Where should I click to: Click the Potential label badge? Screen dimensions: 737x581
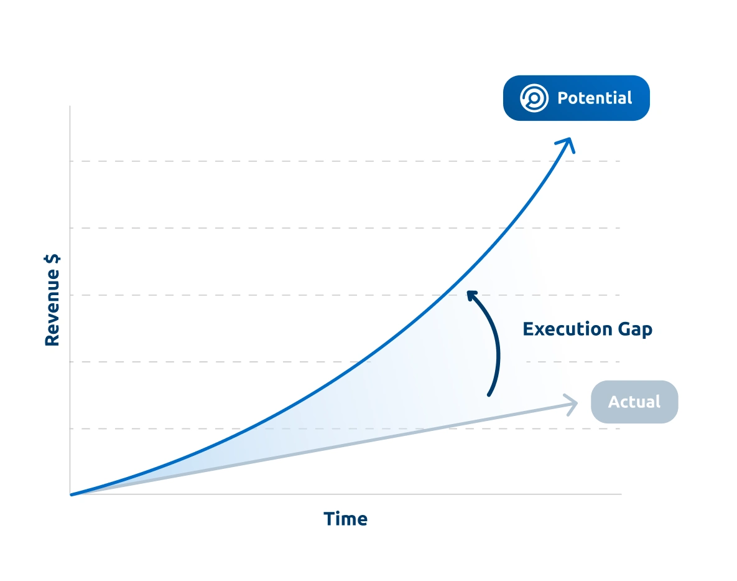pyautogui.click(x=577, y=98)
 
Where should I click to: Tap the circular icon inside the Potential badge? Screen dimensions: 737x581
pyautogui.click(x=534, y=98)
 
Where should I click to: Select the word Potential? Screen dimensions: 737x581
pyautogui.click(x=595, y=98)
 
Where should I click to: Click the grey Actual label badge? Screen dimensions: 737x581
pyautogui.click(x=634, y=402)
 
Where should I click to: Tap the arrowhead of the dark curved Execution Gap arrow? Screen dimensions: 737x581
pyautogui.click(x=471, y=295)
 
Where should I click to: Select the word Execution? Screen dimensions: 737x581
pyautogui.click(x=567, y=329)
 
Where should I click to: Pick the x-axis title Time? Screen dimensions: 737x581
pyautogui.click(x=345, y=519)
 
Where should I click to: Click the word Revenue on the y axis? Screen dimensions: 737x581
pyautogui.click(x=52, y=308)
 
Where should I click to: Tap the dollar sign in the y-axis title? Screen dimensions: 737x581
pyautogui.click(x=52, y=259)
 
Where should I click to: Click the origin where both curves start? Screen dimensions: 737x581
pyautogui.click(x=71, y=494)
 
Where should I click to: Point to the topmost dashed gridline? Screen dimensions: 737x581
pyautogui.click(x=345, y=161)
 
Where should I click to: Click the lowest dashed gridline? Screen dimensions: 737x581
pyautogui.click(x=345, y=428)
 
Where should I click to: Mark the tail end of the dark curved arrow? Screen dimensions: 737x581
pyautogui.click(x=489, y=395)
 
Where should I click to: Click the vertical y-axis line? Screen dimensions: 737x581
pyautogui.click(x=70, y=300)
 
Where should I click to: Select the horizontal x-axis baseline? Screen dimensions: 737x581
pyautogui.click(x=346, y=494)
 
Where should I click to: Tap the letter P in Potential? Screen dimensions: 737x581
pyautogui.click(x=563, y=98)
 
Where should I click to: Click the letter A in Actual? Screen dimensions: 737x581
pyautogui.click(x=614, y=402)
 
